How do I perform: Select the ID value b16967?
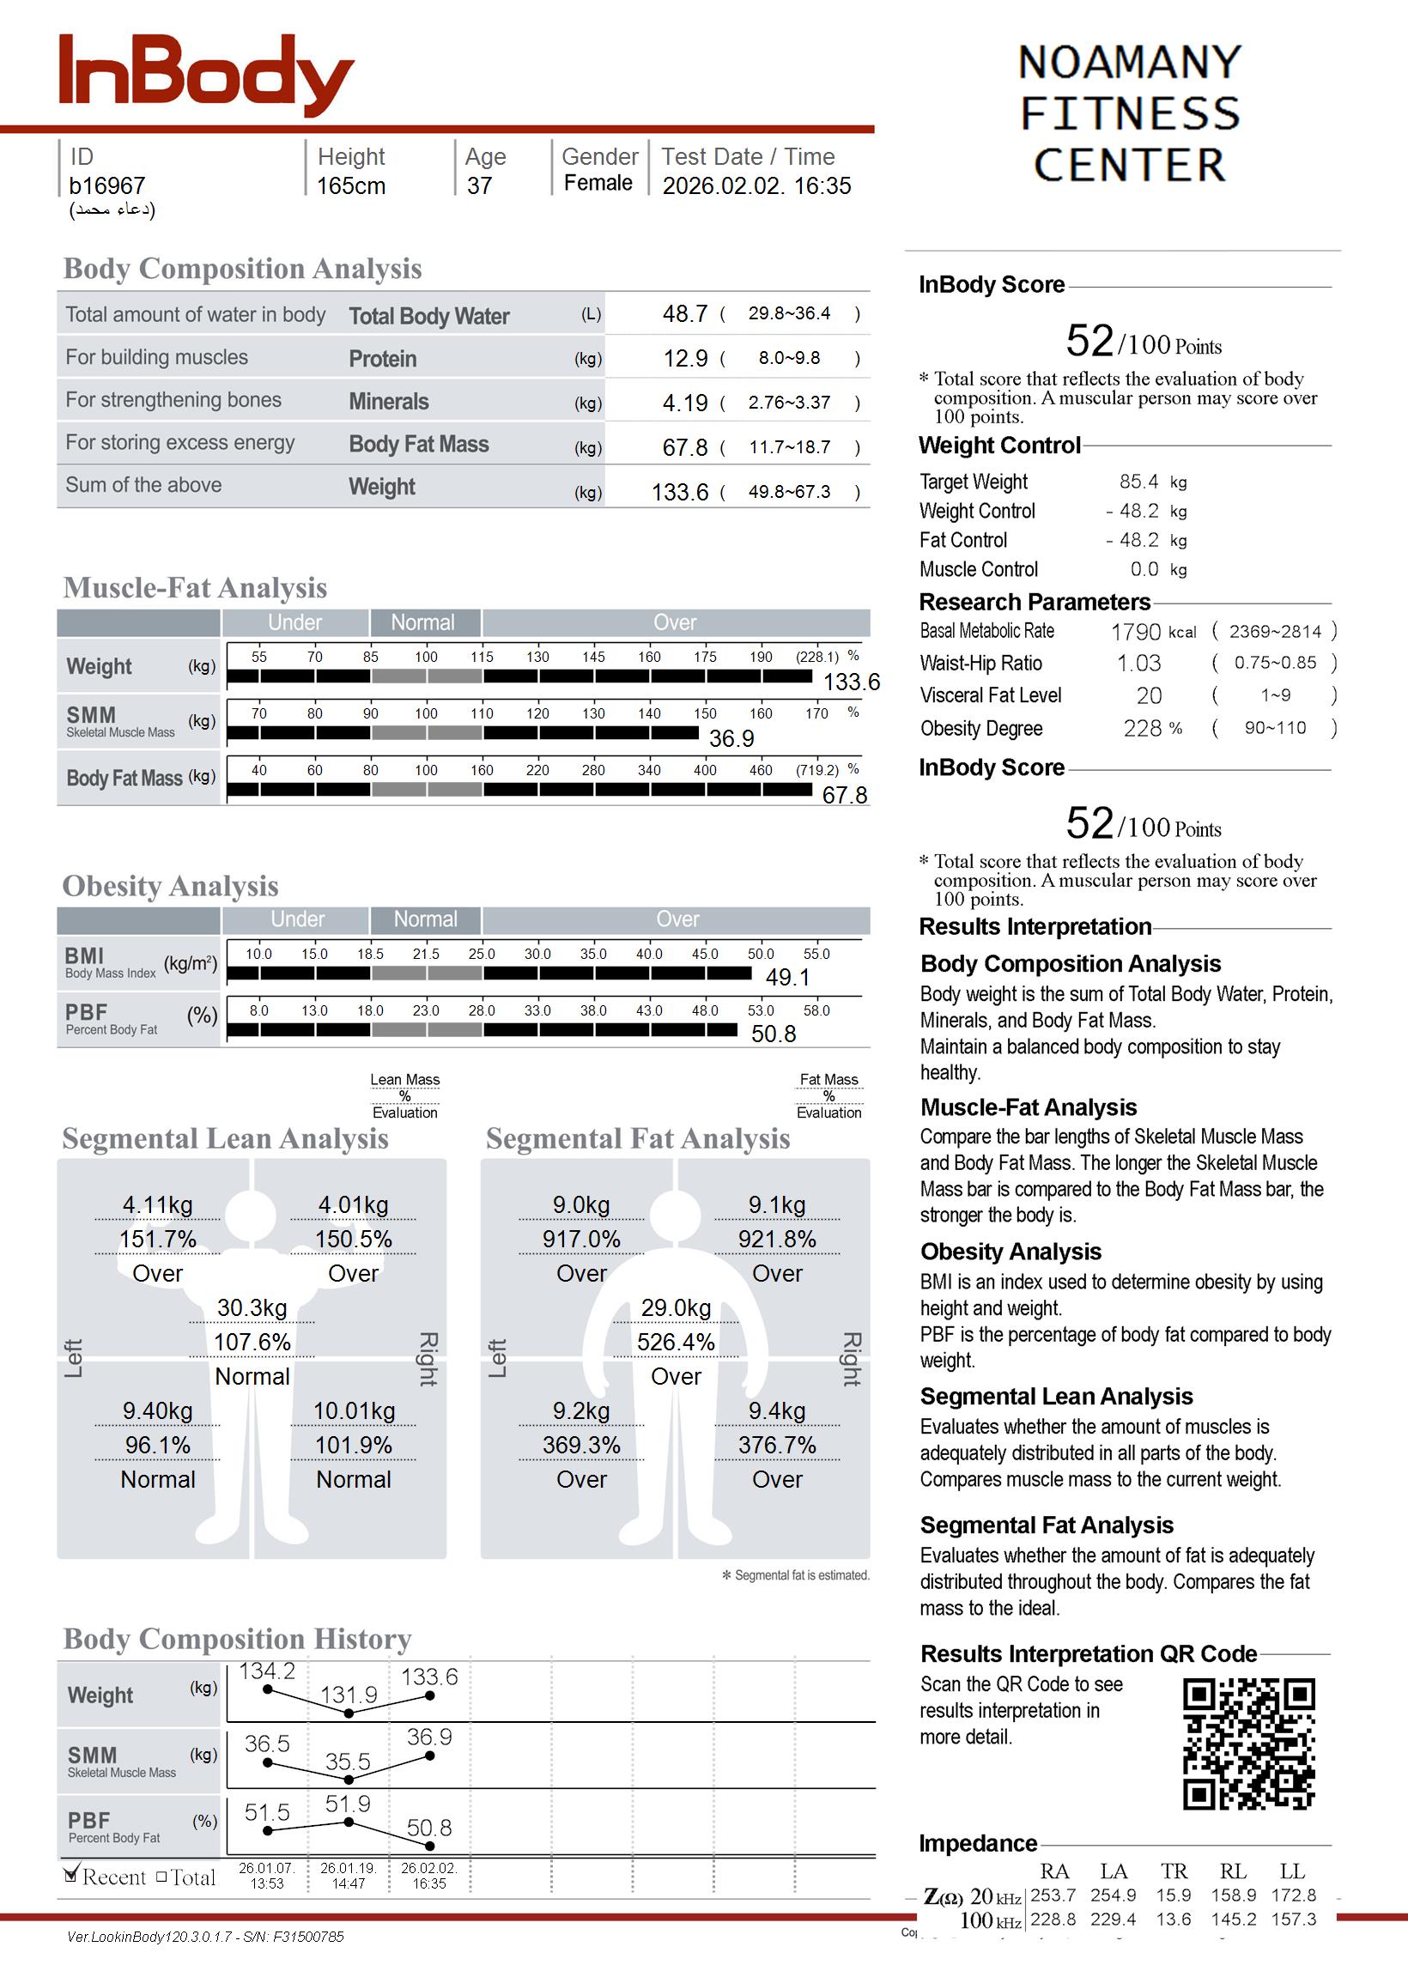[x=106, y=185]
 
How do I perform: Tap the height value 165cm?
[x=350, y=185]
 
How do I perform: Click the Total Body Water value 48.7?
[x=685, y=313]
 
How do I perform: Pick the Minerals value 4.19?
[x=685, y=403]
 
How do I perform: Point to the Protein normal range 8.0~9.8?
[x=789, y=358]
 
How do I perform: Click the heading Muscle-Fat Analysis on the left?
[x=195, y=588]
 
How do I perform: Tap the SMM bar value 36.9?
[x=731, y=738]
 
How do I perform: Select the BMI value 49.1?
[x=787, y=977]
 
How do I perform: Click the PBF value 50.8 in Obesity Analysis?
[x=773, y=1033]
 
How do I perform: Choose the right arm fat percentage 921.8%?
[x=777, y=1240]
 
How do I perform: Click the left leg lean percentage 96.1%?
[x=158, y=1445]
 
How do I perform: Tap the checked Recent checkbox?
[x=72, y=1875]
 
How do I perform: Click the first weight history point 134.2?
[x=267, y=1689]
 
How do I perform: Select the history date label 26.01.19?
[x=348, y=1868]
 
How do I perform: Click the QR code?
[x=1248, y=1743]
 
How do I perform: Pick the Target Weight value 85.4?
[x=1138, y=481]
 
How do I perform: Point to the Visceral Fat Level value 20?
[x=1149, y=695]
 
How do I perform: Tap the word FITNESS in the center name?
[x=1130, y=113]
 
